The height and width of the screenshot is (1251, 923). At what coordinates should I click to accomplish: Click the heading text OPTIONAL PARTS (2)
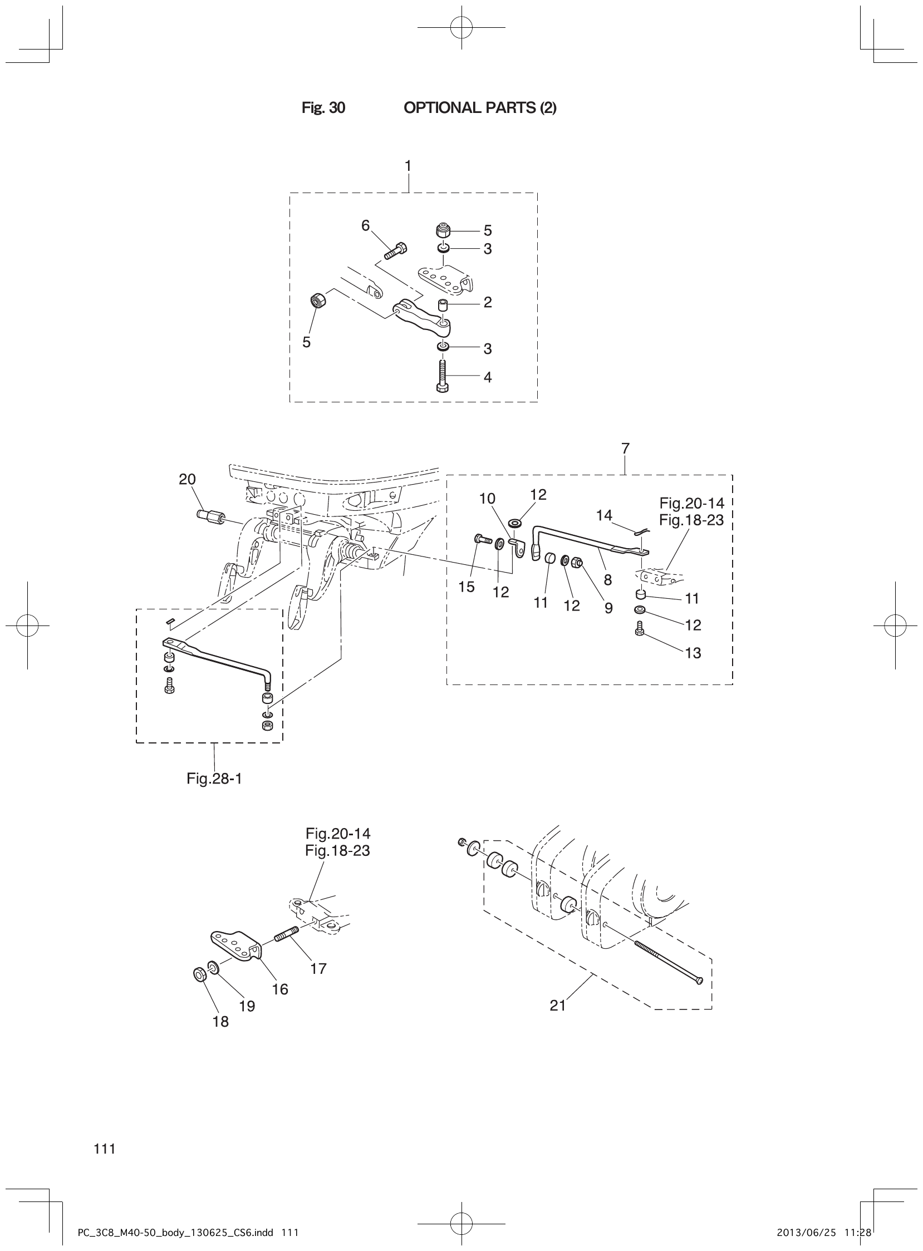coord(480,108)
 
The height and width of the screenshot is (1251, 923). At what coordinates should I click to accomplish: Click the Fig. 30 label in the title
coord(323,108)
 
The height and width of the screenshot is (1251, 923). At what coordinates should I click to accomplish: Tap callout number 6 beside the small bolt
coord(365,225)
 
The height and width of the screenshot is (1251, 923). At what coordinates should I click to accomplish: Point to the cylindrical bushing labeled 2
coord(443,306)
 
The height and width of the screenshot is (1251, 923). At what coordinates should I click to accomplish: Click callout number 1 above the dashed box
coord(408,166)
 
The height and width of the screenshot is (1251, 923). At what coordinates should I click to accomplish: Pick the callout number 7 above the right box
coord(625,448)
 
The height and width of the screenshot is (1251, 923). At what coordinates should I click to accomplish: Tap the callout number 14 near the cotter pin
coord(604,514)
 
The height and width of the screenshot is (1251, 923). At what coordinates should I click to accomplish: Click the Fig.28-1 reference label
coord(214,779)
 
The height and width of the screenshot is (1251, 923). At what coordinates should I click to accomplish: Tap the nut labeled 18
coord(198,974)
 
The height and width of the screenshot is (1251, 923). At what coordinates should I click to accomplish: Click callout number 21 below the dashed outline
coord(558,1005)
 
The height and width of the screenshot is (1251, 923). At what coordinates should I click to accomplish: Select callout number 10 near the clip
coord(487,498)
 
